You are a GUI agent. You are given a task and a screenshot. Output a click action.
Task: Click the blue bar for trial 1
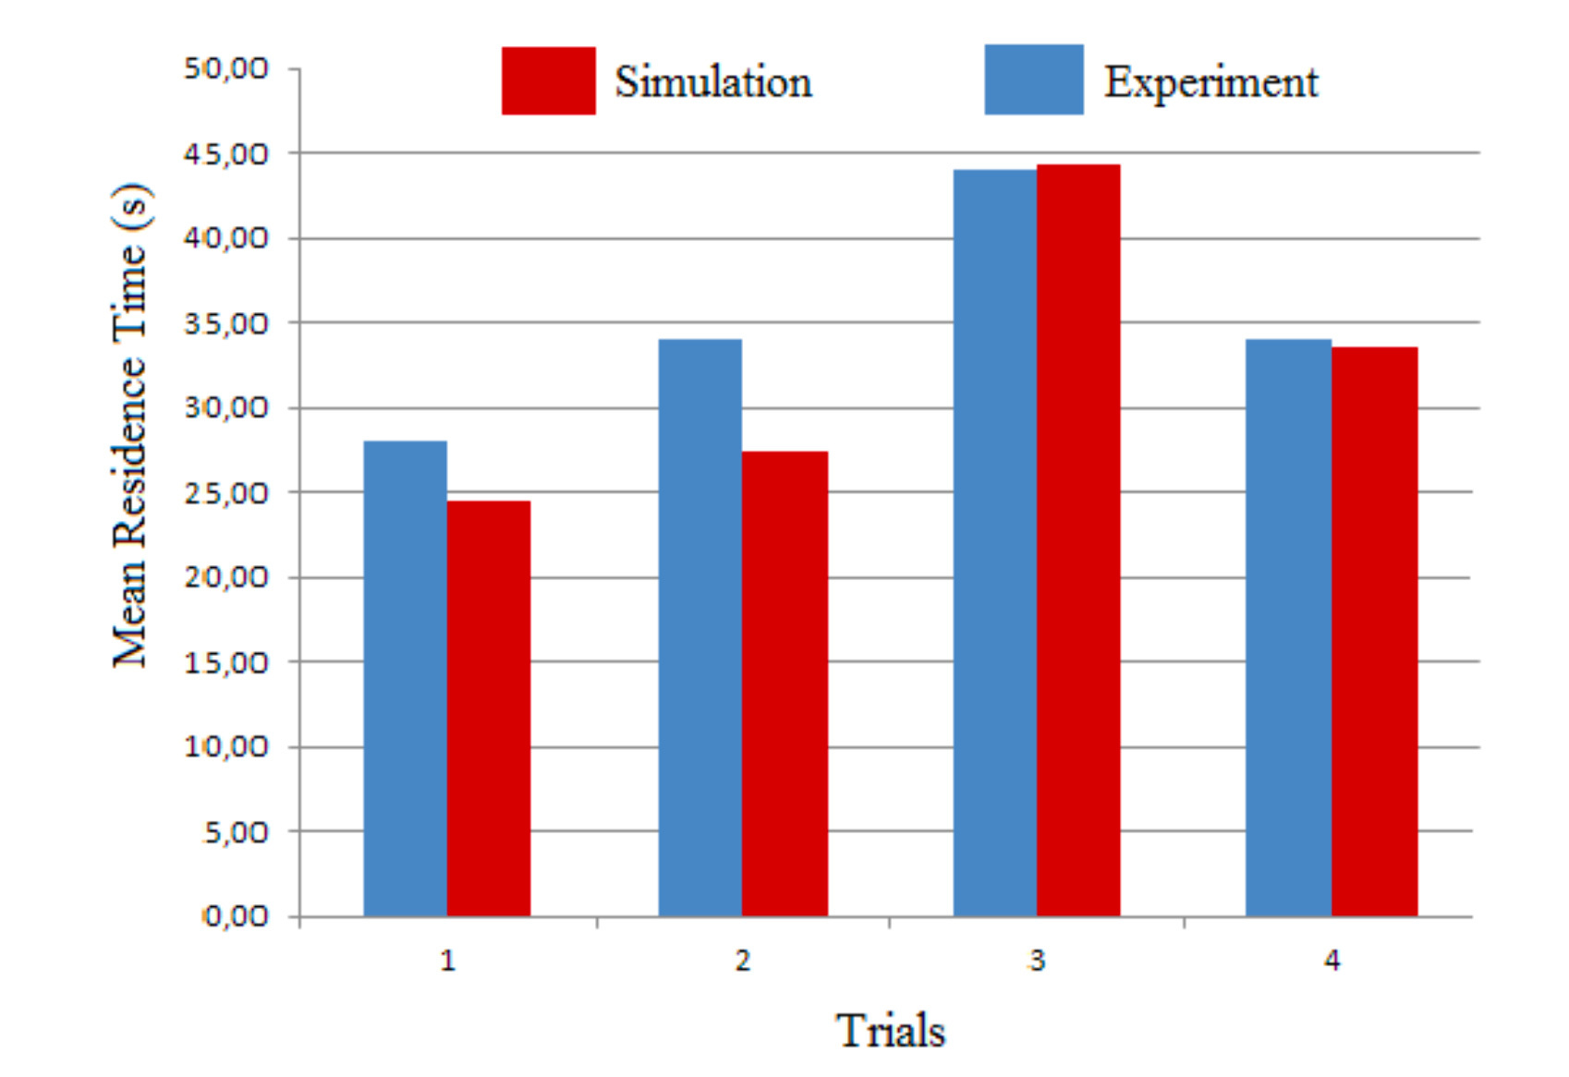(x=405, y=679)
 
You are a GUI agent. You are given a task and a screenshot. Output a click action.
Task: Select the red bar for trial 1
(x=489, y=708)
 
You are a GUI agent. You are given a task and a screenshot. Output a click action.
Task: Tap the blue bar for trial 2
(x=699, y=628)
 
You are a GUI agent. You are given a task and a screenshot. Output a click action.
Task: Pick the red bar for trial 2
(x=784, y=684)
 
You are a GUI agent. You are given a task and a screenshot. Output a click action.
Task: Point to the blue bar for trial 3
(x=995, y=543)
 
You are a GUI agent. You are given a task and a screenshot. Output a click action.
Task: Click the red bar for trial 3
(x=1078, y=540)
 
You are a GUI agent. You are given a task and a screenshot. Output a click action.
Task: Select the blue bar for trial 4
(x=1288, y=628)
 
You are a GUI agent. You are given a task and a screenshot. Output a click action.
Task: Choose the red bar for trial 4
(x=1374, y=632)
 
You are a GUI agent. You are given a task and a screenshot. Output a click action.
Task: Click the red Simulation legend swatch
(x=548, y=81)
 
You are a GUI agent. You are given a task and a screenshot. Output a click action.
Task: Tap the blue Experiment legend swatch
(x=1033, y=79)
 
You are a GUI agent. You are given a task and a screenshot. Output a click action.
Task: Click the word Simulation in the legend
(x=713, y=82)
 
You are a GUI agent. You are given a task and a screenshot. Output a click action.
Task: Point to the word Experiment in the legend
(x=1210, y=82)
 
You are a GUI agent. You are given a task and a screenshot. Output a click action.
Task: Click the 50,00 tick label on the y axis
(x=226, y=68)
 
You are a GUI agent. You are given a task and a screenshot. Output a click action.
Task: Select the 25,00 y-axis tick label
(x=226, y=492)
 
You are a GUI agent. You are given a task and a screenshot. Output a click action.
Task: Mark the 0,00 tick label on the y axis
(x=236, y=916)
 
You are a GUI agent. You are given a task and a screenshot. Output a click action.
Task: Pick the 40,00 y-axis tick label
(x=226, y=238)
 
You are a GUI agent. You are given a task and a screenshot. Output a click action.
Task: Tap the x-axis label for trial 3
(x=1037, y=961)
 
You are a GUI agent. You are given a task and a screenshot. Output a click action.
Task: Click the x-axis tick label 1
(x=448, y=961)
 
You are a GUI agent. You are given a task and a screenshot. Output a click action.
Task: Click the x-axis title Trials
(x=891, y=1031)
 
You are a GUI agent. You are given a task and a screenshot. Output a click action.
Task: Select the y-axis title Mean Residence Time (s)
(x=130, y=425)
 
